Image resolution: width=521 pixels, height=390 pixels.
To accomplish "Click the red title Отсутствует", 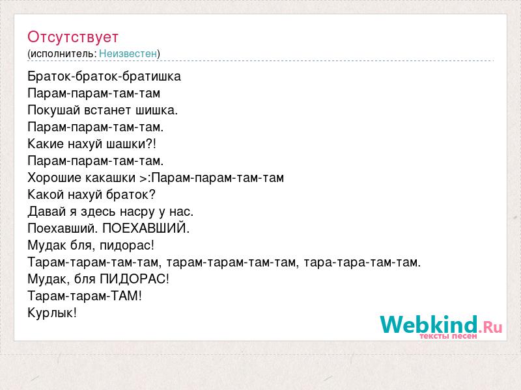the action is [x=73, y=37].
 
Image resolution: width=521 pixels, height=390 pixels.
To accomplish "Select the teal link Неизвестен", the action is [x=128, y=53].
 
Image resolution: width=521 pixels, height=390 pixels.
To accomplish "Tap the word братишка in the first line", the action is [x=151, y=77].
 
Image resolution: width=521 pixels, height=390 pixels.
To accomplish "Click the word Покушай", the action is [x=54, y=110].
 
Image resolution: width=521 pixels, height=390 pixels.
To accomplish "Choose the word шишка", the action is [x=156, y=110].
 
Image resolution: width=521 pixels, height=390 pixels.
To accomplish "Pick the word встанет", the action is [x=107, y=110].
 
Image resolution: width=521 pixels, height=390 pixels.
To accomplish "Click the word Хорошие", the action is [x=55, y=177].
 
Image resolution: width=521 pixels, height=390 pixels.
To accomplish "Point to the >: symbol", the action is [x=145, y=178].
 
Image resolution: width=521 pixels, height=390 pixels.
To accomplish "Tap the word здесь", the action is [x=98, y=212].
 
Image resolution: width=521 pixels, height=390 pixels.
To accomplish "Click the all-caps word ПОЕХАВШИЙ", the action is [x=146, y=228].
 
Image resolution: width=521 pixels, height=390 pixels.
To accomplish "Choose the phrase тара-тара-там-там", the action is [x=362, y=263].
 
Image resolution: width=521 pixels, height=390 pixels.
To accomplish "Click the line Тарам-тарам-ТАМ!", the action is [x=85, y=296].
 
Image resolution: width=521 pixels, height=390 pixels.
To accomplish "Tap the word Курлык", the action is [x=52, y=313].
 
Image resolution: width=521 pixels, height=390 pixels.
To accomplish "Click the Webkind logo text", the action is [x=429, y=324].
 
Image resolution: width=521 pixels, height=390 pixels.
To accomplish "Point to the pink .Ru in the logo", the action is [x=490, y=328].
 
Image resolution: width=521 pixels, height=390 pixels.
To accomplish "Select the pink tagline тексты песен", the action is [x=448, y=336].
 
